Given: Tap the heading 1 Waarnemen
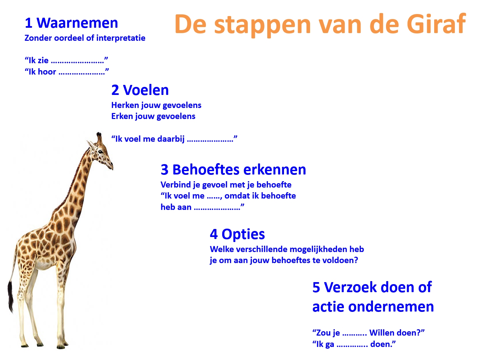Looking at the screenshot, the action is [x=71, y=23].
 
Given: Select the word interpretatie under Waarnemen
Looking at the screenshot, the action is [x=121, y=38].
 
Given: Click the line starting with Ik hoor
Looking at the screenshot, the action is [x=67, y=72].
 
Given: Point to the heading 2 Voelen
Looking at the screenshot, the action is [x=140, y=90].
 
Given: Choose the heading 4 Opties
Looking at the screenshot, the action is [x=237, y=234].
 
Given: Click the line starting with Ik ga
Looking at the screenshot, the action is [x=354, y=344].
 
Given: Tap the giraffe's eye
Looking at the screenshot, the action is [x=100, y=152].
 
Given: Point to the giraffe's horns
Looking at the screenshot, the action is [x=99, y=137].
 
